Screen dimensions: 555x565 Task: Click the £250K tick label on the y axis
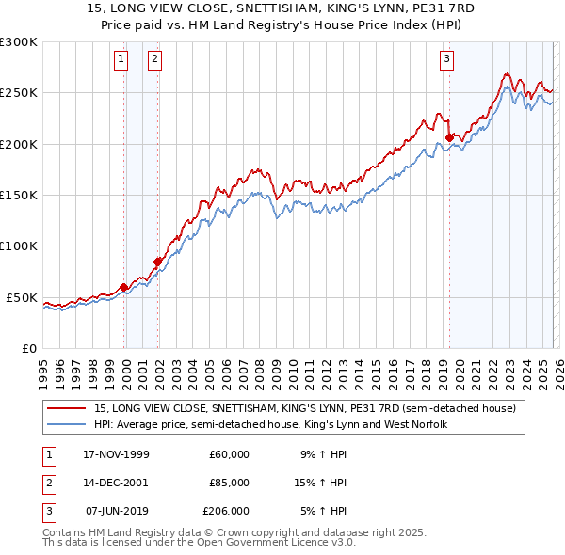click(x=19, y=93)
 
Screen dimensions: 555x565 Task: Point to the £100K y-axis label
click(x=19, y=246)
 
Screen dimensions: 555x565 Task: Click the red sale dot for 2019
click(x=449, y=137)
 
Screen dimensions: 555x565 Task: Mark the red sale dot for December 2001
click(x=157, y=262)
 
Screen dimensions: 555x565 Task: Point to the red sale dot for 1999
click(x=123, y=287)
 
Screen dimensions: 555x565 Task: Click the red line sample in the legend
click(x=66, y=409)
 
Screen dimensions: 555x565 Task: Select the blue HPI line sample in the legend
click(x=66, y=425)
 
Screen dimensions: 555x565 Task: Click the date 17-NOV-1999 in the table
click(x=117, y=454)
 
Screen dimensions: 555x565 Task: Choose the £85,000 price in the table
click(x=229, y=483)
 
